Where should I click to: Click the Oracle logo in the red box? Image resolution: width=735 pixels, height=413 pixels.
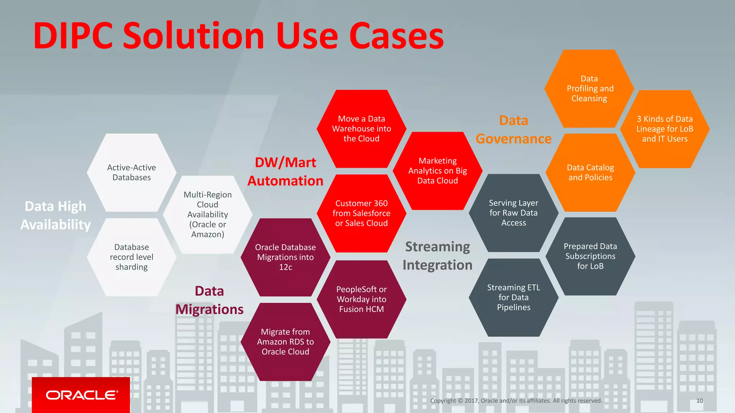(x=81, y=395)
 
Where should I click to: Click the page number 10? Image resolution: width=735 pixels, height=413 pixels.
(x=699, y=401)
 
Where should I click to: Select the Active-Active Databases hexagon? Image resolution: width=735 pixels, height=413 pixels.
(x=131, y=172)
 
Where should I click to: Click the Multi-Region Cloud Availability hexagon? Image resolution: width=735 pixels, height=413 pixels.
(x=207, y=214)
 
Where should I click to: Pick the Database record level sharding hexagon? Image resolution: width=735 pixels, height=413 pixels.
(x=131, y=257)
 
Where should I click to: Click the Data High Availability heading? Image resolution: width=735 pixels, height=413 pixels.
(x=55, y=215)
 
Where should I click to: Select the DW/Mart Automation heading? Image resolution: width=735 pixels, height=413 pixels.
(x=285, y=172)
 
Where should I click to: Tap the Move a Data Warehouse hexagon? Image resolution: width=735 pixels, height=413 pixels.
(x=361, y=129)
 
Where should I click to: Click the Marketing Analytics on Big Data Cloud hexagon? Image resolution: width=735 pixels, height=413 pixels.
(x=437, y=171)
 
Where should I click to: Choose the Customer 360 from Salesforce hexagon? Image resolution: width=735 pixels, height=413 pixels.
(x=361, y=213)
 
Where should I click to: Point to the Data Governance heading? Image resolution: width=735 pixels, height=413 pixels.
(x=514, y=130)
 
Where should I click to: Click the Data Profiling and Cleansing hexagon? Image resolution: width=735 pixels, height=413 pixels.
(x=589, y=89)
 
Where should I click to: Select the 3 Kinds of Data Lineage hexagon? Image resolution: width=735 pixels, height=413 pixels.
(x=665, y=129)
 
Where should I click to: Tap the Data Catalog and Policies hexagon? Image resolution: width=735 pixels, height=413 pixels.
(x=590, y=172)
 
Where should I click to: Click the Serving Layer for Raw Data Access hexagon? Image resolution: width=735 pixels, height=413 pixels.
(x=514, y=213)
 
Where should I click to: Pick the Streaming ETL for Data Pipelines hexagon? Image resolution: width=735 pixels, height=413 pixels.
(x=514, y=298)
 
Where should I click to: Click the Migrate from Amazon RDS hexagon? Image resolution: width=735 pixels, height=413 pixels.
(x=285, y=342)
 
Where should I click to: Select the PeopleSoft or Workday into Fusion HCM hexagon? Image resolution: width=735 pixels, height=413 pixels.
(x=361, y=299)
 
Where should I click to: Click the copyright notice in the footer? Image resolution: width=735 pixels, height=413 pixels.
(x=516, y=401)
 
